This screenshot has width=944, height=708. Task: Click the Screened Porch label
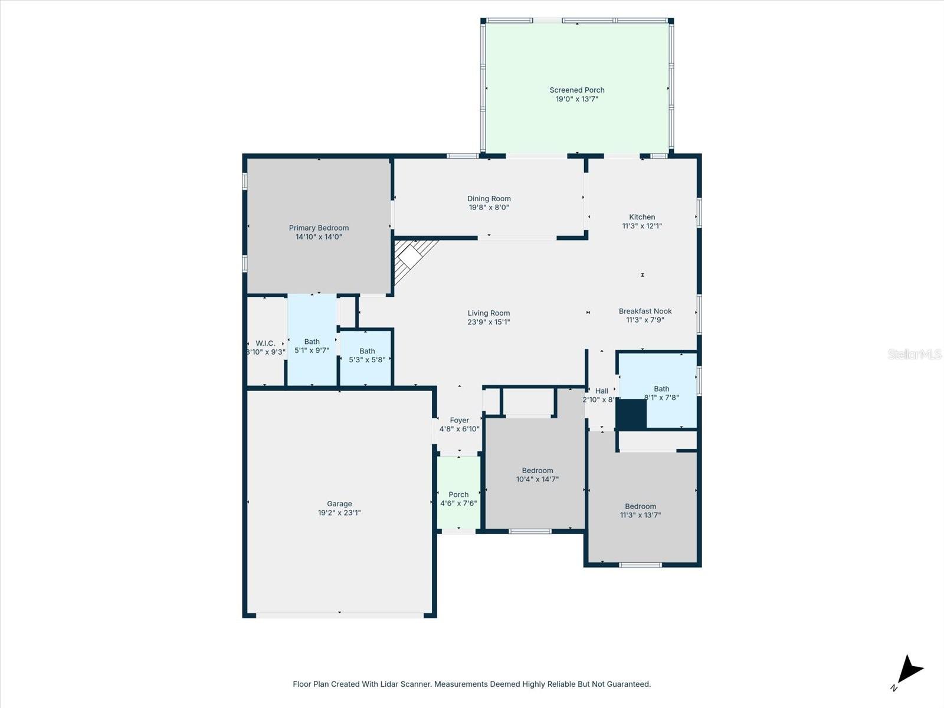(577, 90)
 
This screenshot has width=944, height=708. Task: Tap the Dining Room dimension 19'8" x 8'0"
(489, 208)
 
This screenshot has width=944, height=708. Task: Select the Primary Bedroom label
(319, 228)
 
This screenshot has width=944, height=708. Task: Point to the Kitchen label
(642, 217)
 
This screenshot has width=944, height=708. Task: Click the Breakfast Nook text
(645, 311)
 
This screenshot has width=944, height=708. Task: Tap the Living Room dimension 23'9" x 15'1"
(489, 322)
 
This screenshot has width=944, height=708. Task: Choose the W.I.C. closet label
(265, 343)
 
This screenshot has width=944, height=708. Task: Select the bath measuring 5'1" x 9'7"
(312, 346)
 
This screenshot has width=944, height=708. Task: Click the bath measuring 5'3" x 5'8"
(367, 355)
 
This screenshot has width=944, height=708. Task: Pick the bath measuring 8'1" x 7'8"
(661, 393)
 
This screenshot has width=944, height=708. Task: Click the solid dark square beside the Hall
(631, 414)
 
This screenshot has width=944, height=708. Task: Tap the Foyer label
(459, 421)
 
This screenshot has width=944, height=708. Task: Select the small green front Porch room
(458, 494)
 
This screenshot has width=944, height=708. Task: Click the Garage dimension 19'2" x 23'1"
(339, 513)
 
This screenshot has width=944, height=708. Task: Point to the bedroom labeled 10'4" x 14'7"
(537, 475)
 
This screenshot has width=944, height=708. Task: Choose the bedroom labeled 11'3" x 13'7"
(640, 510)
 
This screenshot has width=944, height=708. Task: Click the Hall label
(602, 391)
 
